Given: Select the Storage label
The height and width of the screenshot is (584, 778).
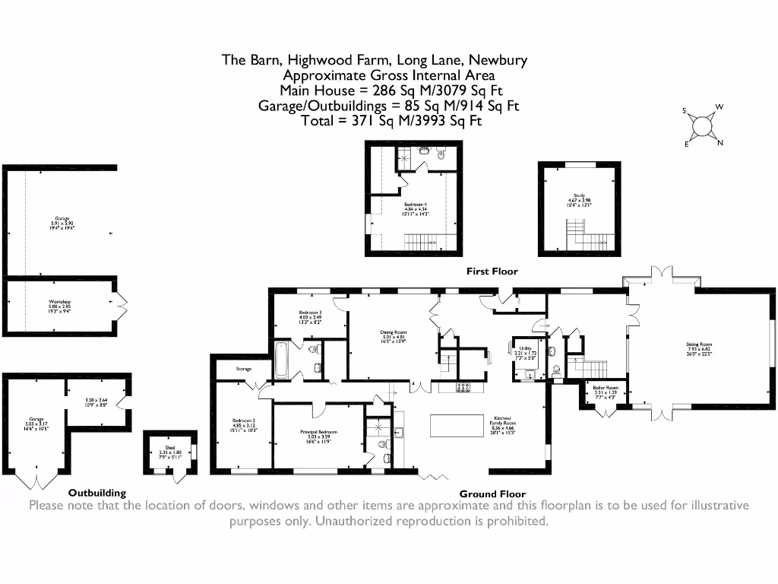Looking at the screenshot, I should coord(243,369).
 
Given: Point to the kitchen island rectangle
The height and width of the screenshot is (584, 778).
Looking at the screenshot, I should coord(457,426).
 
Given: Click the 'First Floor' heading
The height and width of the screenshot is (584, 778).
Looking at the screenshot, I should coord(492,271).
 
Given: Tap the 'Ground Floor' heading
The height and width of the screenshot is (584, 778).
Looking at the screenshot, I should coord(492,494).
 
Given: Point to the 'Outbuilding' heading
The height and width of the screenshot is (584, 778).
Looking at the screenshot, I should coord(97,493).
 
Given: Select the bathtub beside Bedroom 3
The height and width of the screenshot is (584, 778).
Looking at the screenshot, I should coord(280,361).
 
